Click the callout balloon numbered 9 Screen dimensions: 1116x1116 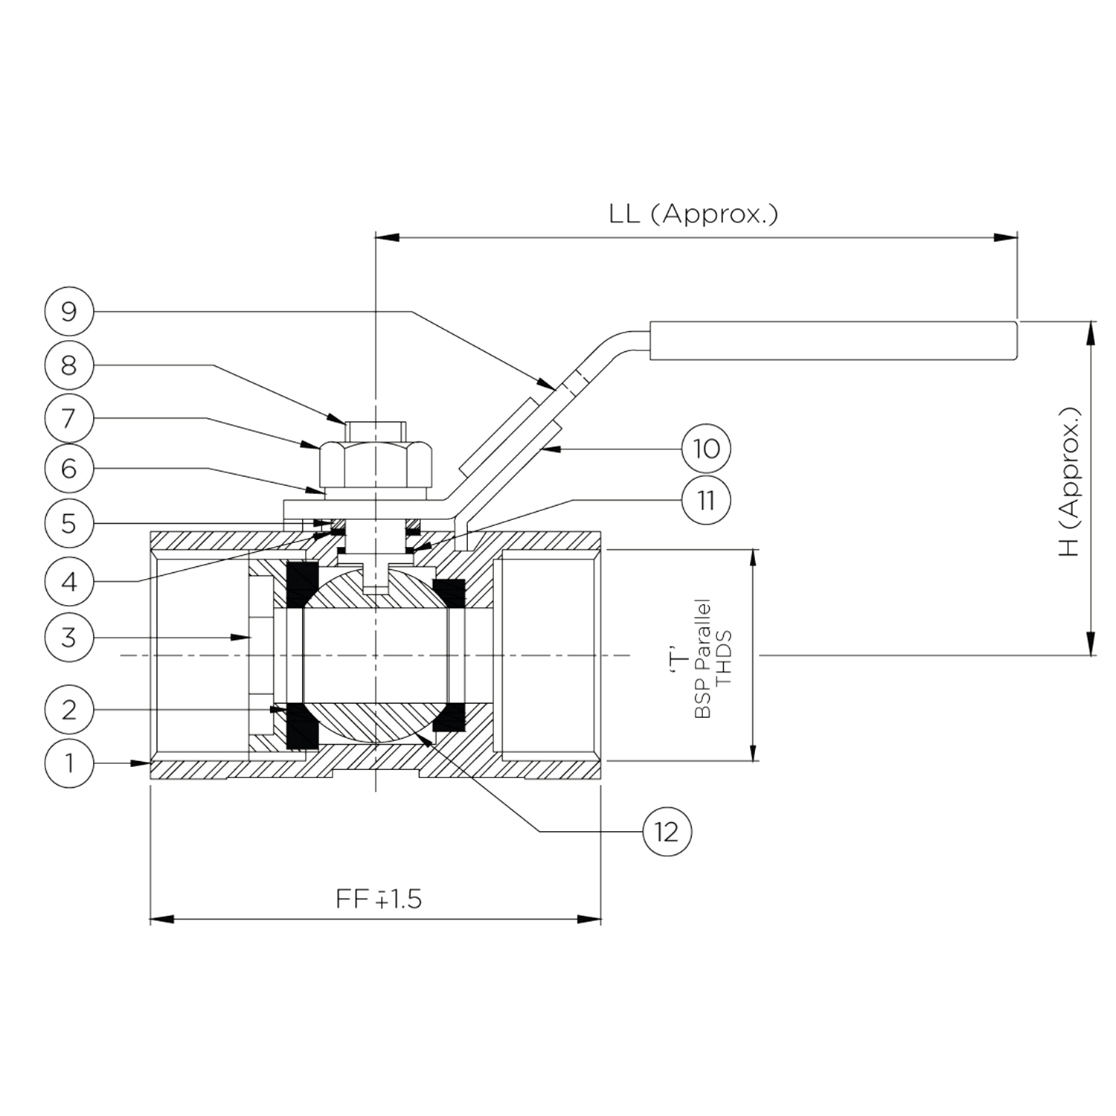(x=68, y=311)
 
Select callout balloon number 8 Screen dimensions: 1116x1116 (x=68, y=365)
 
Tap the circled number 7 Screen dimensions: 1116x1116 (x=68, y=418)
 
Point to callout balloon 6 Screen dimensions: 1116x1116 (x=68, y=469)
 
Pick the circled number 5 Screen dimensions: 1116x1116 (x=68, y=523)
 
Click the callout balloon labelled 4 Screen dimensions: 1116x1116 (x=68, y=581)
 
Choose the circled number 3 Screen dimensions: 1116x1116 (x=68, y=637)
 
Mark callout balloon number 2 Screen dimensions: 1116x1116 (x=68, y=709)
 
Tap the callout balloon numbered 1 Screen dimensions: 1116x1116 (x=68, y=763)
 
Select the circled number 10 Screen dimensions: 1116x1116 (x=706, y=449)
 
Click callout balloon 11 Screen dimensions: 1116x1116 (x=706, y=500)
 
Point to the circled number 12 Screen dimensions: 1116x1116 (x=667, y=831)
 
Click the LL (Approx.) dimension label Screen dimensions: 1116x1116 (x=693, y=214)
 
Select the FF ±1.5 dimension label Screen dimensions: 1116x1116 (x=379, y=899)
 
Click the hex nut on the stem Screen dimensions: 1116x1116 (x=376, y=463)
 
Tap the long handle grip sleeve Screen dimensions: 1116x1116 (x=833, y=341)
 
